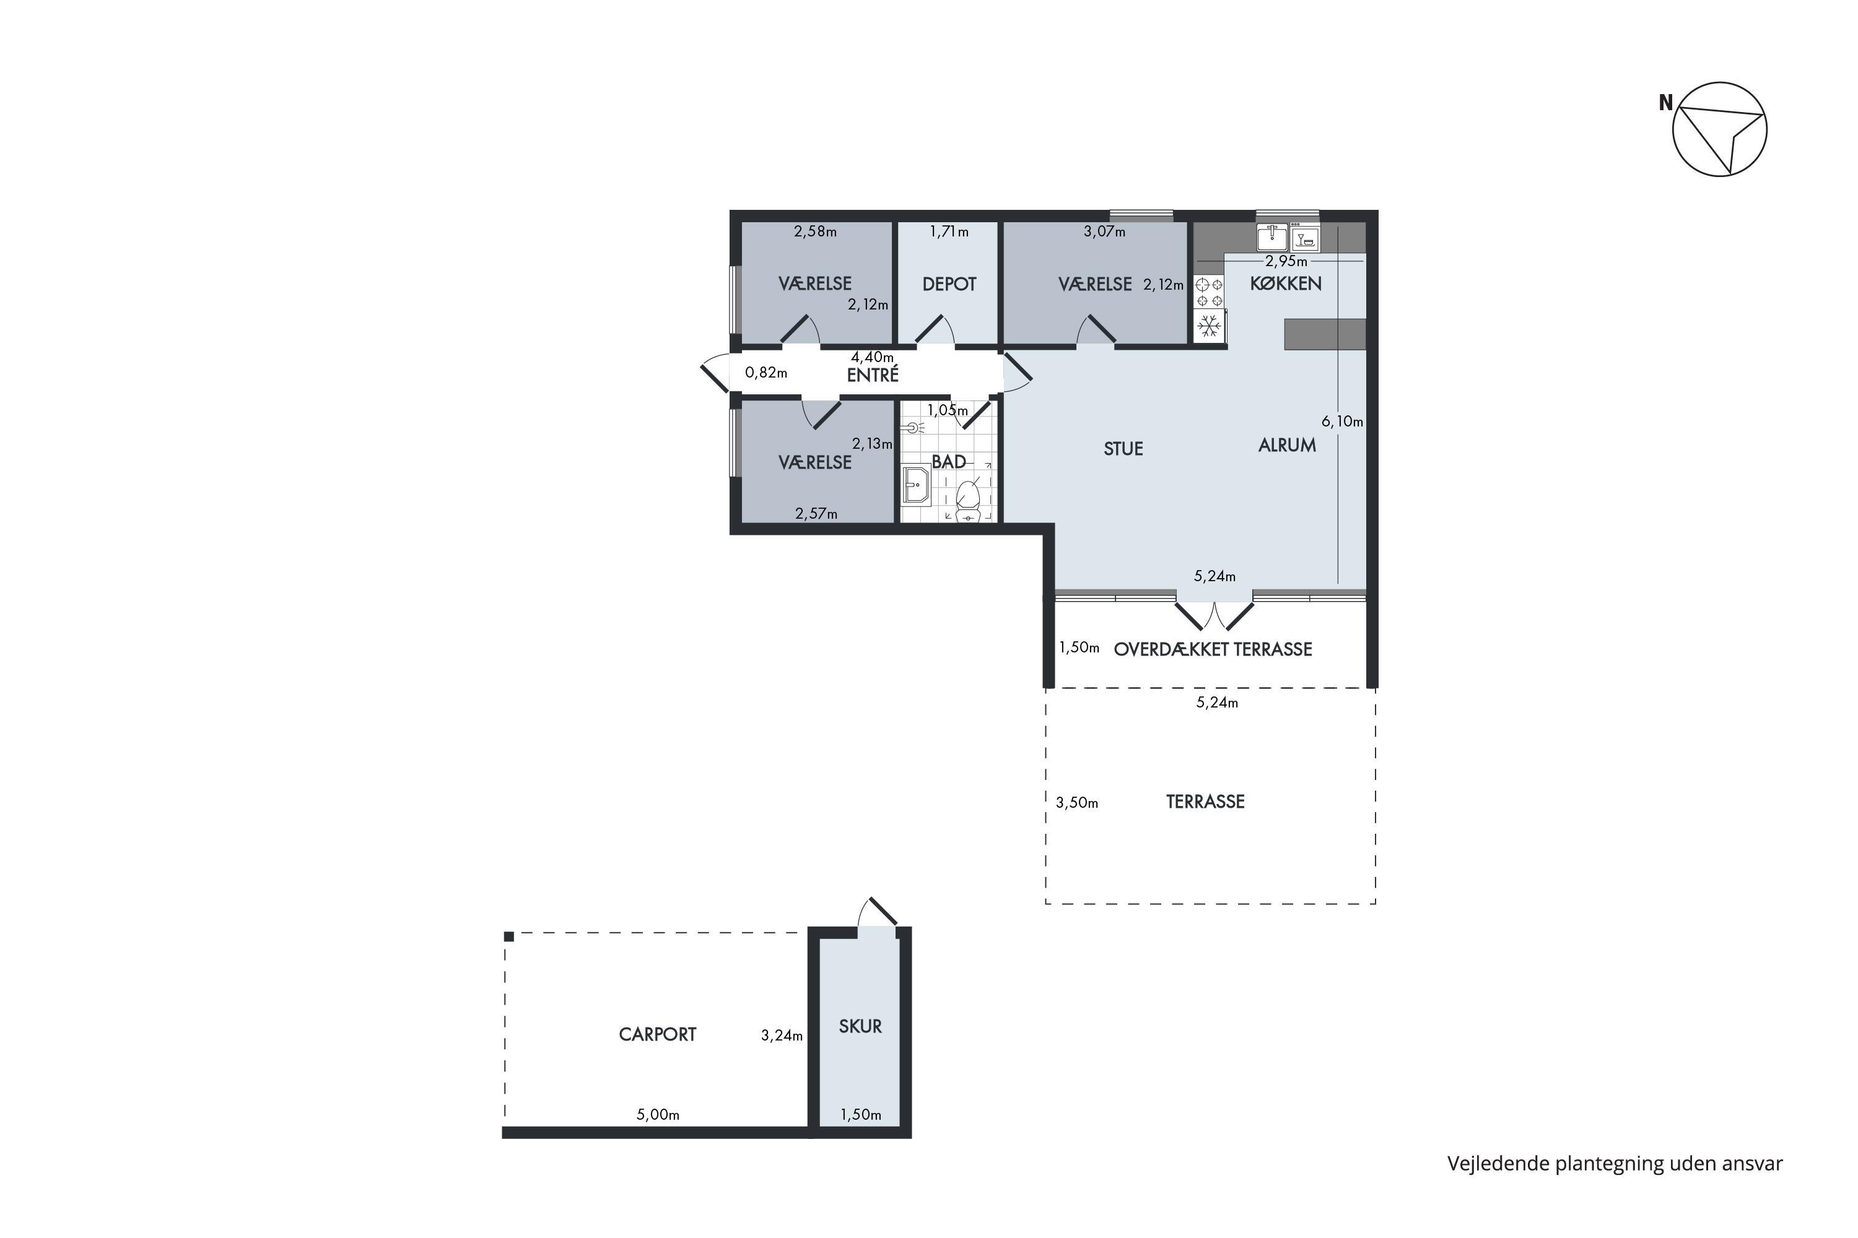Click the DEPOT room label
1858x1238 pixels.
point(949,284)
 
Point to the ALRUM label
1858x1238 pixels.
point(1287,445)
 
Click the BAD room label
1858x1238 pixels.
point(948,462)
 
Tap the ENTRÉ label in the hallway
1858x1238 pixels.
point(872,375)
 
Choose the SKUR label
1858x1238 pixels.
point(860,1026)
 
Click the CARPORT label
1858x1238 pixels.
point(657,1034)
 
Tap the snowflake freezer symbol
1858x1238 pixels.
point(1208,326)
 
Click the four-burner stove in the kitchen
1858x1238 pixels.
point(1208,293)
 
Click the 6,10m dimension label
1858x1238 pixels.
point(1342,422)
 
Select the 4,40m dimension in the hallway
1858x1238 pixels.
point(872,357)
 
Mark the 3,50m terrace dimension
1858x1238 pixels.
point(1077,803)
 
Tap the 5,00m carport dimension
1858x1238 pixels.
point(658,1115)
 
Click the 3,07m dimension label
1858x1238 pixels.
point(1104,232)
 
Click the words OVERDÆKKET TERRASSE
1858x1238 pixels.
point(1213,649)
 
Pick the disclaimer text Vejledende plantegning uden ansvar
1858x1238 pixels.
point(1615,1164)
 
